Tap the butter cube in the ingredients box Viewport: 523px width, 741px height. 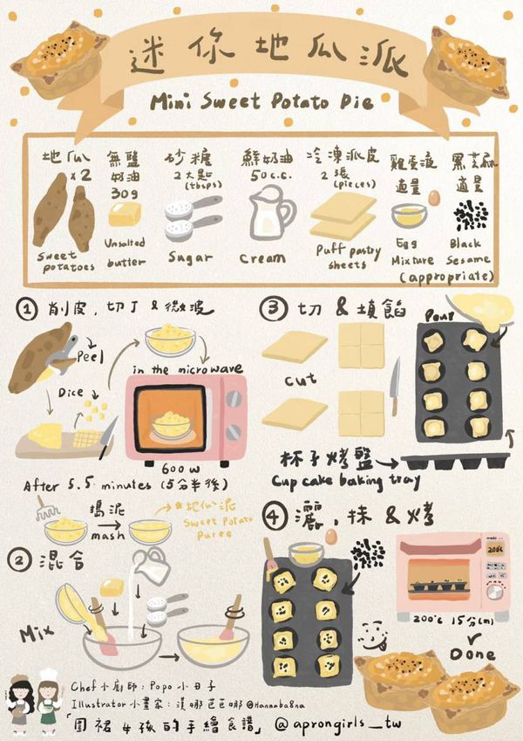point(122,214)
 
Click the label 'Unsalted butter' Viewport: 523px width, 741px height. point(126,252)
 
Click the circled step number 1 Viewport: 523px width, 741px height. point(28,309)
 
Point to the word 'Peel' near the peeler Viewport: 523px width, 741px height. point(91,359)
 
